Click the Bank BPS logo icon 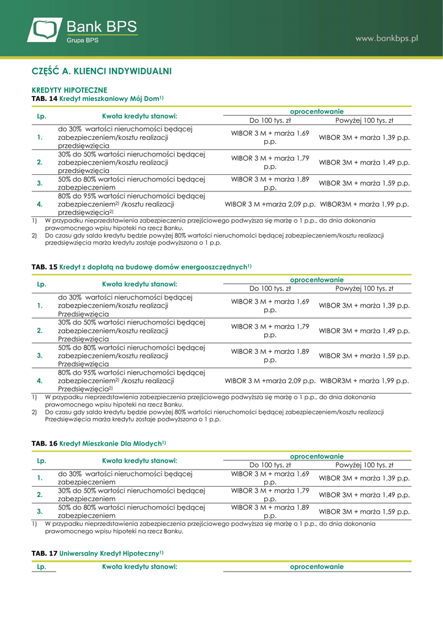[x=45, y=30]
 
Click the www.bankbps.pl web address [x=387, y=38]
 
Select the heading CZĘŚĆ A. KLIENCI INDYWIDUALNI [x=102, y=72]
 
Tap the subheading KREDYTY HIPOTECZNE [x=69, y=90]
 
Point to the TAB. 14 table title [x=97, y=98]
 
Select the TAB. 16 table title [x=99, y=443]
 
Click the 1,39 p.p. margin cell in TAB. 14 [x=364, y=138]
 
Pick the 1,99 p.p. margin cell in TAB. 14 [x=364, y=204]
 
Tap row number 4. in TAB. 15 [x=40, y=380]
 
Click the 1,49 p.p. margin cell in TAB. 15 [x=364, y=331]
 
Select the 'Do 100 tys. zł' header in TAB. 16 [x=270, y=465]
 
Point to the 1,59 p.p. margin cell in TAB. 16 [x=364, y=512]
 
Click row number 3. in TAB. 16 [x=40, y=512]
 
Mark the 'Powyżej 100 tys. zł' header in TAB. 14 [x=364, y=120]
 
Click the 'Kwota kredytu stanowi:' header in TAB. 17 [x=140, y=567]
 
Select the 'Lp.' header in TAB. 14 [x=42, y=116]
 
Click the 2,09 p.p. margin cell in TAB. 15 [x=270, y=380]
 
